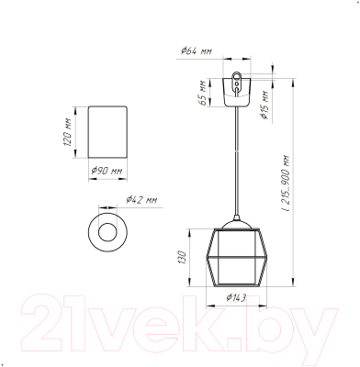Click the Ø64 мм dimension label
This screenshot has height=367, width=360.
[197, 50]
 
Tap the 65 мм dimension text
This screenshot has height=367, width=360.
[203, 93]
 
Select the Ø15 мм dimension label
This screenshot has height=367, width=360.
[264, 105]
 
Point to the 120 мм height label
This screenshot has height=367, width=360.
[68, 132]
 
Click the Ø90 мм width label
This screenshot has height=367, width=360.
[107, 171]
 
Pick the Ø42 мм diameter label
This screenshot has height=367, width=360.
[141, 200]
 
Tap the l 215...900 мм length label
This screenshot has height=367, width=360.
[286, 183]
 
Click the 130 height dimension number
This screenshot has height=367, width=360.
[182, 257]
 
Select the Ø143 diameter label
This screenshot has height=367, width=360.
[236, 297]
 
